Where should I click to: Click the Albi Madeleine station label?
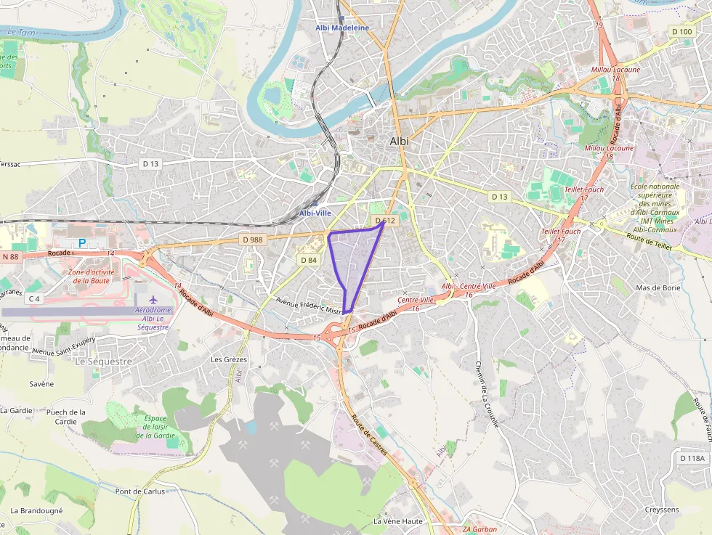(341, 28)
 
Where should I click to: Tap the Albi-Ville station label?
(315, 213)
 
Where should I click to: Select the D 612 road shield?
(384, 221)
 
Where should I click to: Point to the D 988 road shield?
(252, 240)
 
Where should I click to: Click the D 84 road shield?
(308, 260)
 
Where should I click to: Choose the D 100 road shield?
(682, 31)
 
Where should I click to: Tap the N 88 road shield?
(10, 256)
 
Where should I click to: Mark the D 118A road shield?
(693, 458)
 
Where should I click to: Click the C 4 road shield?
(34, 298)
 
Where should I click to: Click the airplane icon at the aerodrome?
(153, 299)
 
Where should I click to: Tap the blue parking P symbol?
(82, 242)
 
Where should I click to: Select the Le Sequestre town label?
(104, 361)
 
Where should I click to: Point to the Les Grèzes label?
(229, 359)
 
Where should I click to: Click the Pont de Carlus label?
(140, 491)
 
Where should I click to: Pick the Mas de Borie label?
(657, 287)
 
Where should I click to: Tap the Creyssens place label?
(662, 510)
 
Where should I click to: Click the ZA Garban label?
(480, 529)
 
